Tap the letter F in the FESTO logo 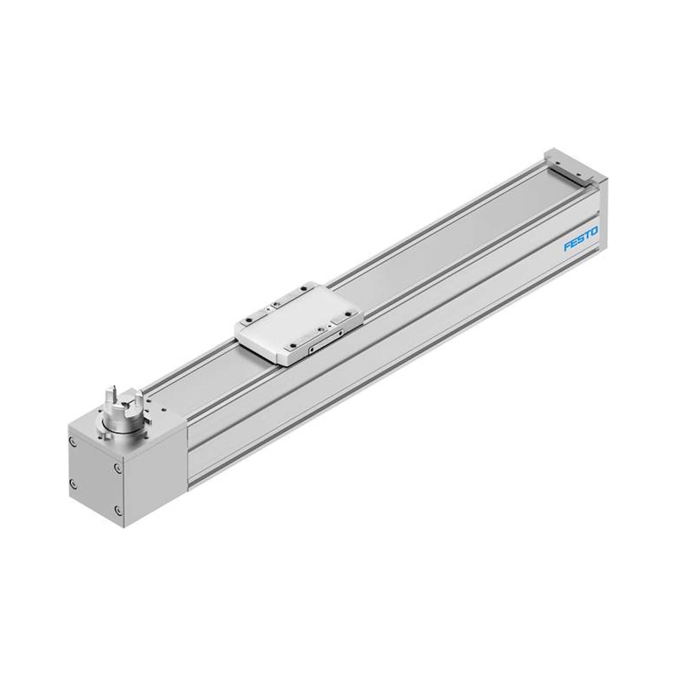(567, 247)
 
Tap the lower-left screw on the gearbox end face (73, 484)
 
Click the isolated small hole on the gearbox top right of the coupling (163, 409)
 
